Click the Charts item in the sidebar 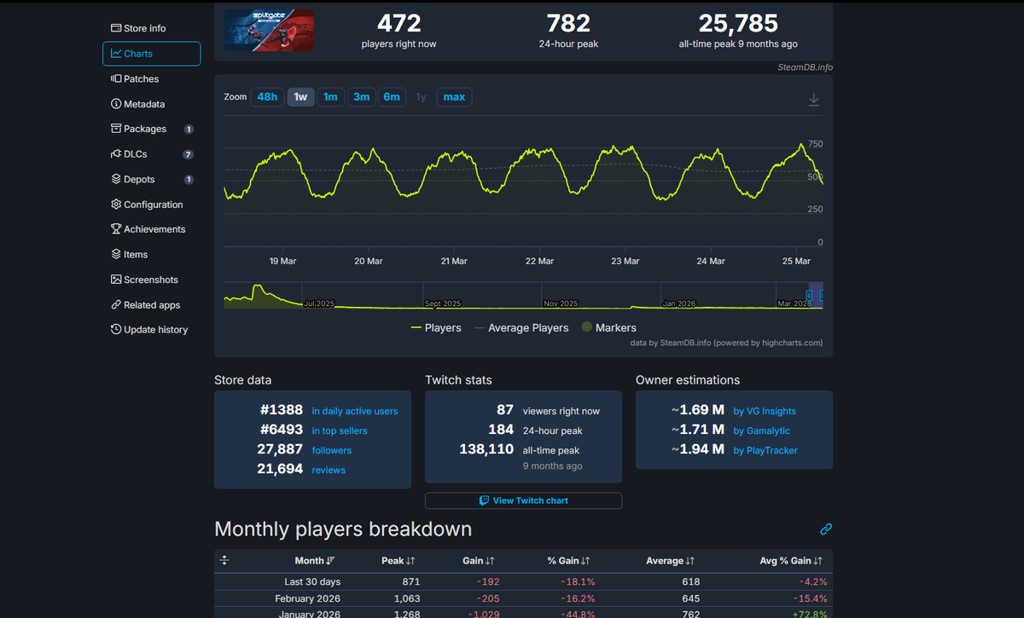(151, 54)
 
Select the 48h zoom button (267, 97)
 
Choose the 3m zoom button (361, 97)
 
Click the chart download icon (813, 100)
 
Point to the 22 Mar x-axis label (539, 261)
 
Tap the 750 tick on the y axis (815, 144)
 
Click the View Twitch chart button (523, 500)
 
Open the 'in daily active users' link (354, 411)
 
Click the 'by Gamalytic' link (761, 430)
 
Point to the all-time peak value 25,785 (737, 23)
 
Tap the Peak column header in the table (393, 561)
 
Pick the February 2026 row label (306, 598)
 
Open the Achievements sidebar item (154, 229)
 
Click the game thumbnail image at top (269, 31)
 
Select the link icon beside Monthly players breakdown (825, 529)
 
